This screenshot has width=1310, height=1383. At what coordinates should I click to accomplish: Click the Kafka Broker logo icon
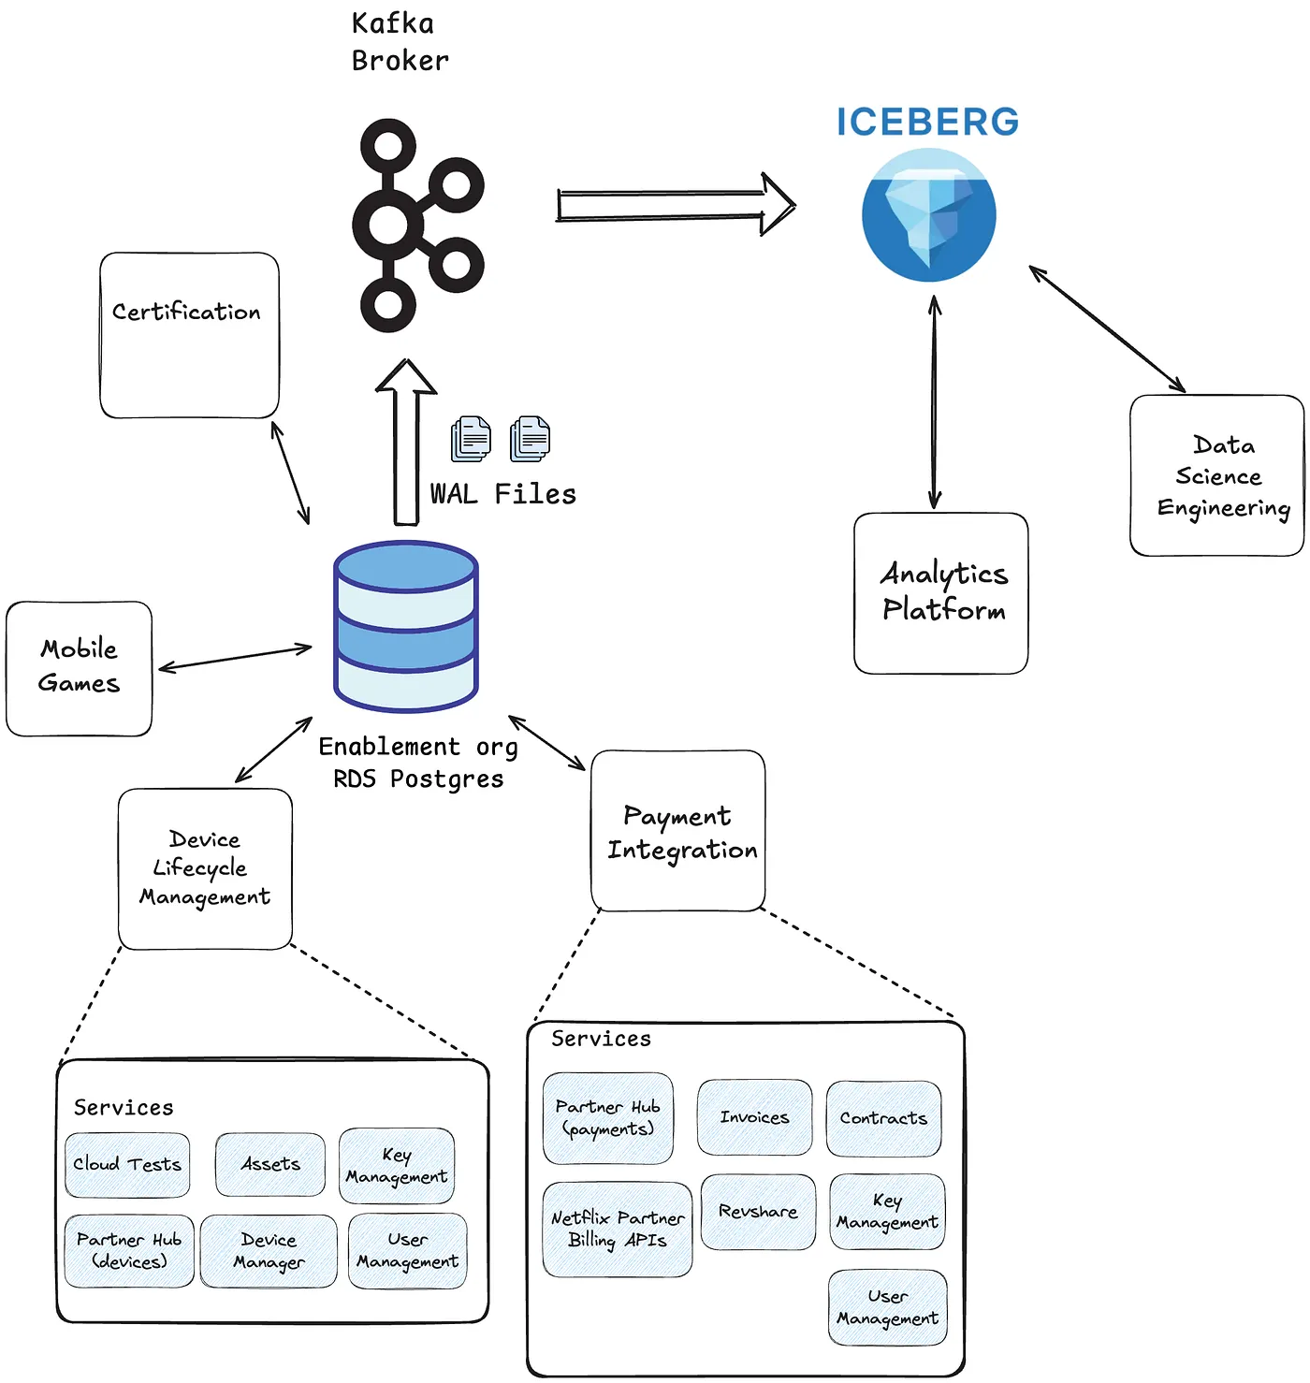pos(416,226)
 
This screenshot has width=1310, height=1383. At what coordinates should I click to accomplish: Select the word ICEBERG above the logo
pos(927,123)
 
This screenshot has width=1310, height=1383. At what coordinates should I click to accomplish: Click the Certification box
pos(189,335)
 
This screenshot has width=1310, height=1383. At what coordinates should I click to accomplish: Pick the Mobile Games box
pos(79,668)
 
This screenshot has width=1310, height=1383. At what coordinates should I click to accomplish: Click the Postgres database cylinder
pos(406,626)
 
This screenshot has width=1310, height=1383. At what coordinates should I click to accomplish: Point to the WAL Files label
pos(503,494)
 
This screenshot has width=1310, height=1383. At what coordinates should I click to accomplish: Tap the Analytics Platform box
pos(941,593)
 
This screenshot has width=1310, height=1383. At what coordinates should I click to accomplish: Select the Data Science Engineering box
pos(1216,475)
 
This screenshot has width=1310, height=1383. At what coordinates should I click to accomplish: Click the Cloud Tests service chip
pos(127,1165)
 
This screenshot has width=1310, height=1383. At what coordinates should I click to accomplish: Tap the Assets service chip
pos(270,1164)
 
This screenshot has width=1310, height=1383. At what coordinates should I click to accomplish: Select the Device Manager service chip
pos(269,1251)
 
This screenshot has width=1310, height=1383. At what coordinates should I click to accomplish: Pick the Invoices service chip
pos(754,1117)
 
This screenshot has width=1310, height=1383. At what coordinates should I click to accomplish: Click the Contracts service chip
pos(883,1118)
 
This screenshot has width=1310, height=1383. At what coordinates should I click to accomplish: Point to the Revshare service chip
pos(758,1212)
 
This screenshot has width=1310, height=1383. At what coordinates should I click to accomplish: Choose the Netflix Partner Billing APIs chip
pos(618,1229)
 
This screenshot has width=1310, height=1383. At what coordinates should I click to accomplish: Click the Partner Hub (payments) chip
pos(608,1118)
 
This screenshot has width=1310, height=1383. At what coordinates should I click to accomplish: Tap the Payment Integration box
pos(678,831)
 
